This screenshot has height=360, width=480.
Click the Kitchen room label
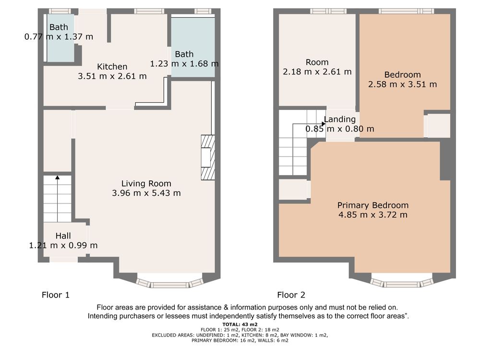point(112,67)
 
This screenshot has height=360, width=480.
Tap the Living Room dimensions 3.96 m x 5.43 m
point(146,193)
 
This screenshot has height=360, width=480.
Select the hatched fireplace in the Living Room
point(208,157)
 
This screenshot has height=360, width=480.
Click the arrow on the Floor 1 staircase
point(57,198)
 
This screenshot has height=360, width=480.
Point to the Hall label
point(63,236)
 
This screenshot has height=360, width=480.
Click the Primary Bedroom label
point(373,205)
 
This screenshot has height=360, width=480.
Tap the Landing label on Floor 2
point(340,119)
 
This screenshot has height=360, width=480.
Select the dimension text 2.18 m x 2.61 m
point(317,72)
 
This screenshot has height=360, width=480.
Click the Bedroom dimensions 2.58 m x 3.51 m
point(403,84)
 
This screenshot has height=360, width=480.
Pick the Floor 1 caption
point(56,295)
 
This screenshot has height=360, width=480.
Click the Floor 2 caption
point(291,295)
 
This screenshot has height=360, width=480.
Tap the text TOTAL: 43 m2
point(240,324)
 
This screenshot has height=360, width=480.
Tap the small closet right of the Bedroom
point(438,125)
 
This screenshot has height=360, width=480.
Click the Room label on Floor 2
point(317,62)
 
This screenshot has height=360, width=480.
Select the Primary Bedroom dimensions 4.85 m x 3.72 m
point(373,215)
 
